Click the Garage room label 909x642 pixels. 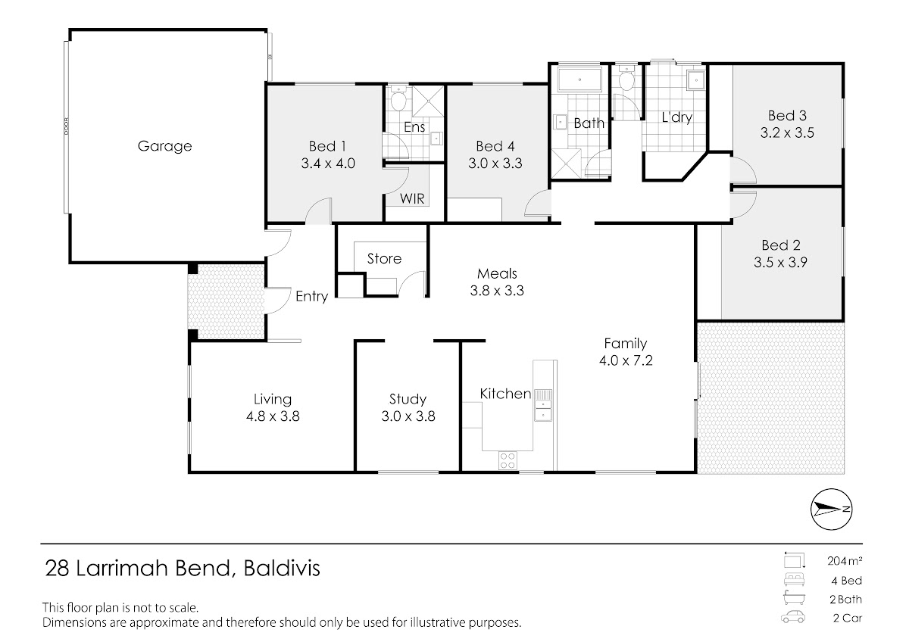[164, 146]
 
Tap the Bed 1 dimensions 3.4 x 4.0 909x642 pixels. [328, 164]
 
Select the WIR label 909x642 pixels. [412, 198]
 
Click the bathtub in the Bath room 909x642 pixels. [579, 79]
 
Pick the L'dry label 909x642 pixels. [677, 117]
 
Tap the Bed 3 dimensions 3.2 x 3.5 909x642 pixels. [787, 133]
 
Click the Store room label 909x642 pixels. [384, 259]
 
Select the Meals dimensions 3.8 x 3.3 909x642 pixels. [497, 291]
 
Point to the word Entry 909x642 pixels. [311, 297]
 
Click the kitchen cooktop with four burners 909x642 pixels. [508, 460]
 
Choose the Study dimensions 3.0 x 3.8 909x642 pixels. [408, 416]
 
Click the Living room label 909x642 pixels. [273, 400]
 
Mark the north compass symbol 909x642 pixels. [831, 510]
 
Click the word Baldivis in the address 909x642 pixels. [282, 569]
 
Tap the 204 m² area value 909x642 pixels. [845, 561]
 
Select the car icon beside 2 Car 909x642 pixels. [793, 617]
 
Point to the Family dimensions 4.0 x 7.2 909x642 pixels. [626, 360]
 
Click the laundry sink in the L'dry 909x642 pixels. [696, 80]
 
